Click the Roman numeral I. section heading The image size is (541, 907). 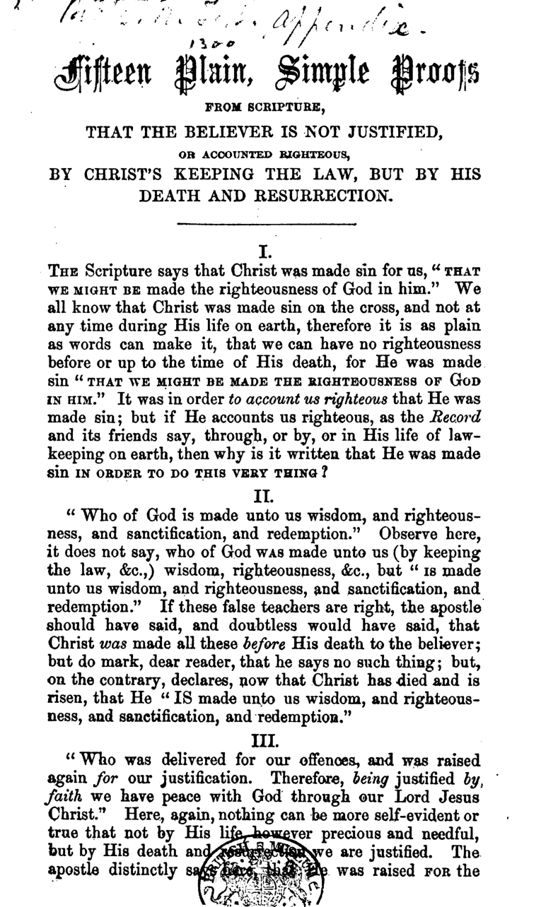(x=263, y=251)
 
